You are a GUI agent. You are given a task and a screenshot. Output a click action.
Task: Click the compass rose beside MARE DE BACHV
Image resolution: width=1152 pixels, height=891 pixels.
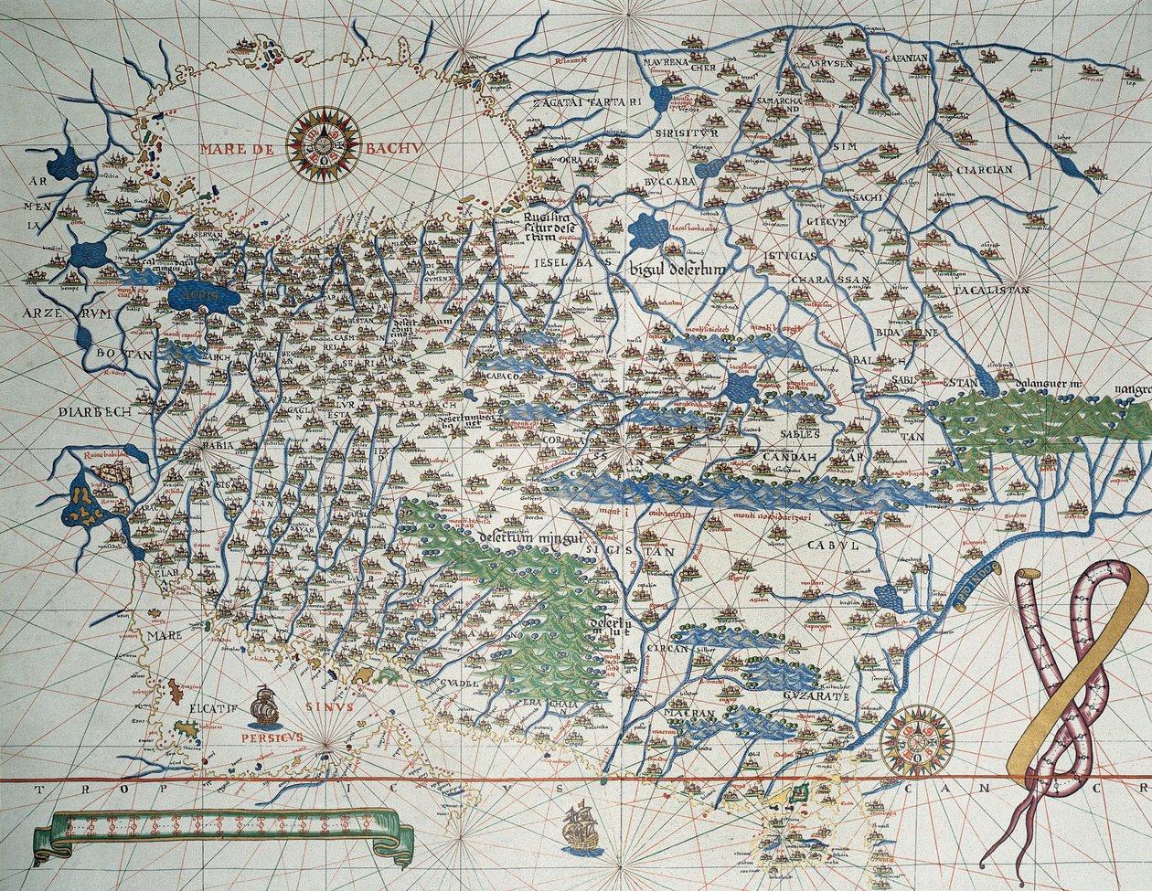pos(324,144)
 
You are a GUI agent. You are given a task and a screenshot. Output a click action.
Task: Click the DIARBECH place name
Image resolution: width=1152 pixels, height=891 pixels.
pos(95,411)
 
